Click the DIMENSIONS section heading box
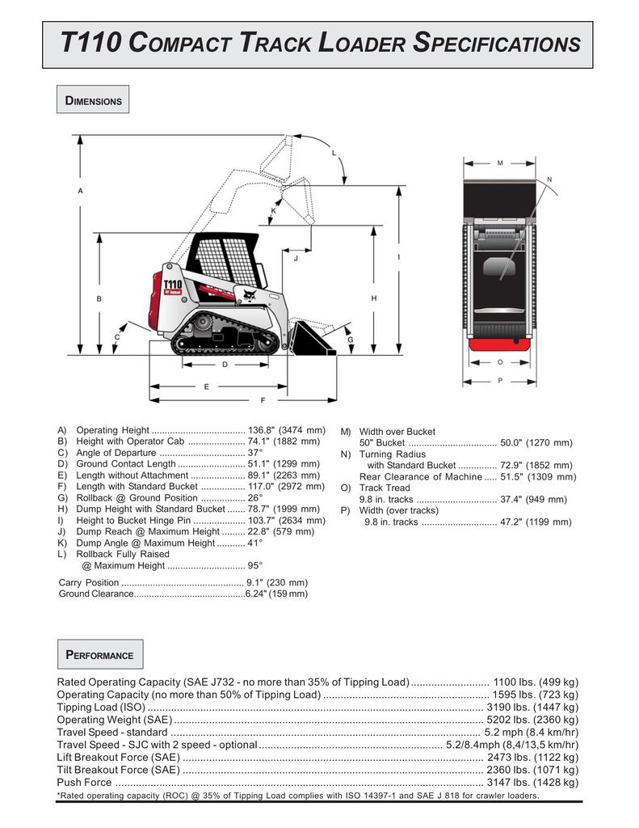click(x=93, y=101)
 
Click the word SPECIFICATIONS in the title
click(x=496, y=44)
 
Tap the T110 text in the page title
click(x=95, y=44)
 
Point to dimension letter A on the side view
click(x=80, y=191)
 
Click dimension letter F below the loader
click(x=263, y=400)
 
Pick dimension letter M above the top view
click(x=500, y=163)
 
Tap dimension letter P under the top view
click(x=500, y=380)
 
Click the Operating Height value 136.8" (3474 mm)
click(x=287, y=430)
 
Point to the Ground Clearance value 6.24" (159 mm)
click(x=276, y=594)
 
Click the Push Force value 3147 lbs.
click(x=532, y=783)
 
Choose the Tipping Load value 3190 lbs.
click(x=533, y=707)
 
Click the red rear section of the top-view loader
click(x=499, y=345)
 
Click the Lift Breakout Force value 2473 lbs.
click(x=534, y=758)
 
